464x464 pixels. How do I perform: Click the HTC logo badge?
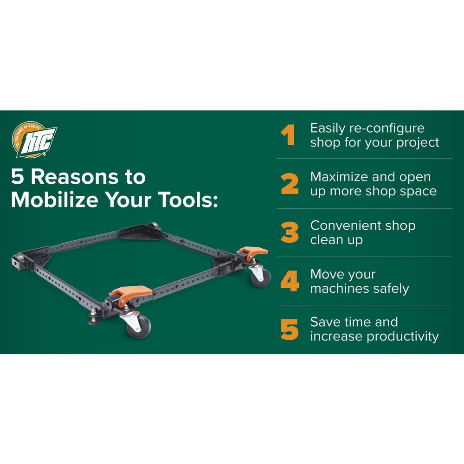point(34,139)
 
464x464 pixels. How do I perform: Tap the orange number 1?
point(288,135)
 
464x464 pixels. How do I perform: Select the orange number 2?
point(290,184)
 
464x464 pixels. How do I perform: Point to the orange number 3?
point(290,232)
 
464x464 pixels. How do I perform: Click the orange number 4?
point(290,281)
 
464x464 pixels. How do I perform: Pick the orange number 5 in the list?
point(290,329)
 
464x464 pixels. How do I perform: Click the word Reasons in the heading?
point(74,177)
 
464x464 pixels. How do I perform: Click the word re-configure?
point(387,129)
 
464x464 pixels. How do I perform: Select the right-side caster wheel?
point(261,277)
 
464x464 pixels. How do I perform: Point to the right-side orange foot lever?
point(253,252)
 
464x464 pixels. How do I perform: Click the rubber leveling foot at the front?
point(94,319)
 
